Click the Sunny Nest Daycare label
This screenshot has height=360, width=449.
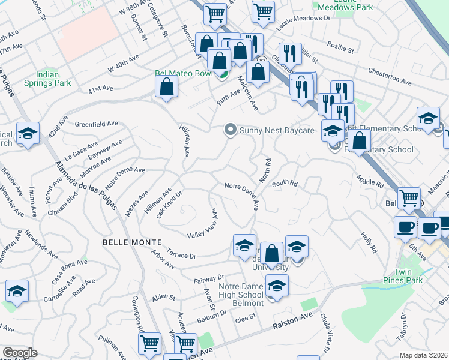point(277,130)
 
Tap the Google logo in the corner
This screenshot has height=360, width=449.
point(20,353)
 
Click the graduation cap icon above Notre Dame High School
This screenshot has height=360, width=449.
point(277,286)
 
